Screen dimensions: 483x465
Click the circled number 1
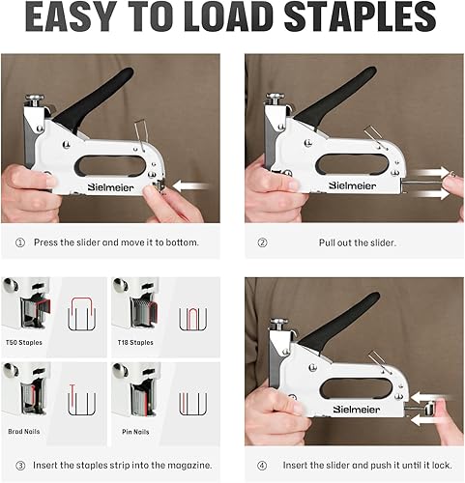point(19,242)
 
